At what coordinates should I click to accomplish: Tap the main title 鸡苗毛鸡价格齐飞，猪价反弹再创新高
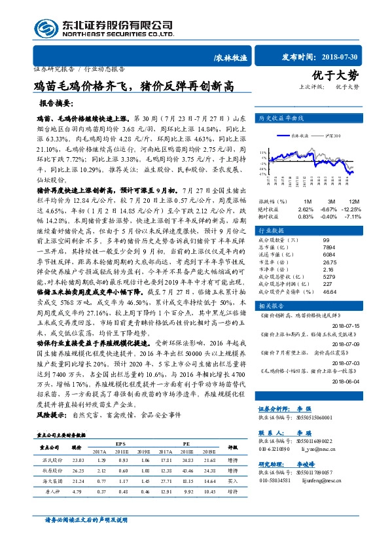click(x=133, y=85)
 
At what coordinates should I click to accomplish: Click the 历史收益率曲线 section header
click(x=282, y=118)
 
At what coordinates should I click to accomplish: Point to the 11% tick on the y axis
click(x=262, y=151)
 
